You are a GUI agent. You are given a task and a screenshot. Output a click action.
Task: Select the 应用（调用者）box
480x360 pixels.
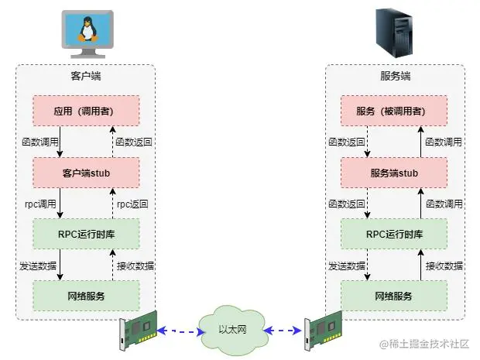pos(86,111)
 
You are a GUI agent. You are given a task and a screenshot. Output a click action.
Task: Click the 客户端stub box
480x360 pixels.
pos(86,173)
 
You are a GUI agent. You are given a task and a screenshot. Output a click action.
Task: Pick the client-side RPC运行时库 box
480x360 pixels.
pos(86,234)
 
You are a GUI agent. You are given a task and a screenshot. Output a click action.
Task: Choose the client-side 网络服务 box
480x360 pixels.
pos(86,296)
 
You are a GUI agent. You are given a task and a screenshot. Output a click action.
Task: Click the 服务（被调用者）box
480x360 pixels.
pos(395,111)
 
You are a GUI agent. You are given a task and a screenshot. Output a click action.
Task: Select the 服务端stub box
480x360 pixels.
pos(395,173)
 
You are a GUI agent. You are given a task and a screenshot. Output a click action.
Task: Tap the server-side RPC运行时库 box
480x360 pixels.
pos(395,234)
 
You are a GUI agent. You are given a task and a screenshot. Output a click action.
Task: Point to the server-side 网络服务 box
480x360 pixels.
pos(395,296)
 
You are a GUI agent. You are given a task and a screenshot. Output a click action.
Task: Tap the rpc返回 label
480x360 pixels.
pos(132,204)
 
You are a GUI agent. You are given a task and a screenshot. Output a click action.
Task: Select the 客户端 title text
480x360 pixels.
pos(85,76)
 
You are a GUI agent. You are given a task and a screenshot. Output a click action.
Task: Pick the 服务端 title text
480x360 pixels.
pos(395,76)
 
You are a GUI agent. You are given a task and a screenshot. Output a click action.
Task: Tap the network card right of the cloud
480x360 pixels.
pos(323,331)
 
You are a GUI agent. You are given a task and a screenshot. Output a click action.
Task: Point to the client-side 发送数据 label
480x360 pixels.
pos(38,266)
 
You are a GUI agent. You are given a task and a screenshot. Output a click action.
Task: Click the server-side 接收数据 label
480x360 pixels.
pos(444,266)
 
